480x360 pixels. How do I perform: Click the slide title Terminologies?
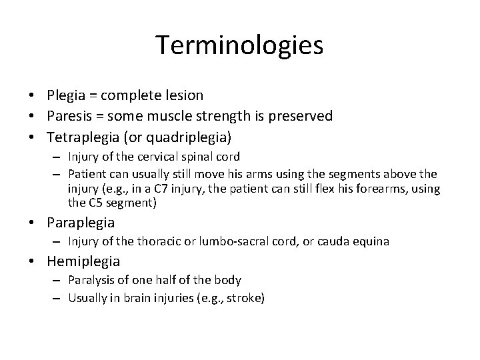[x=239, y=45]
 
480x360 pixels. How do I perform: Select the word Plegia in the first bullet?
[x=66, y=96]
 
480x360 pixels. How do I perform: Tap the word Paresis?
[x=70, y=116]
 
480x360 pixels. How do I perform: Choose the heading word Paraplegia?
[x=80, y=222]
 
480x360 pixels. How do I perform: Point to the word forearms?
[x=381, y=189]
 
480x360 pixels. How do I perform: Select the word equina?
[x=371, y=241]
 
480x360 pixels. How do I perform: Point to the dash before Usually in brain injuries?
[x=59, y=299]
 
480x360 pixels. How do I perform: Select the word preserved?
[x=298, y=116]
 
